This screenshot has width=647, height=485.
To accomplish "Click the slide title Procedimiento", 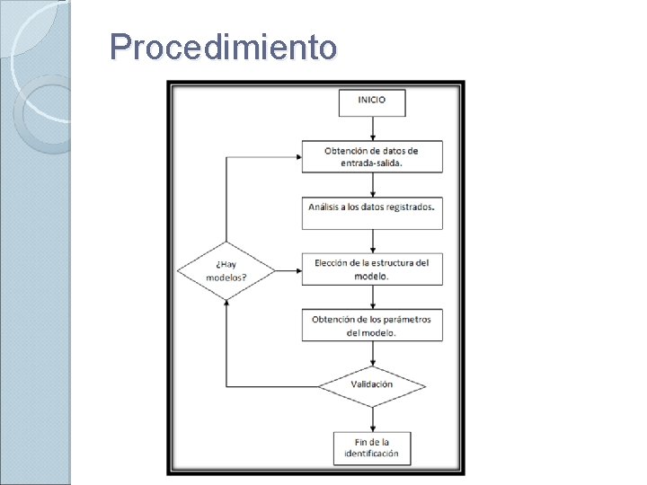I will coord(223,47).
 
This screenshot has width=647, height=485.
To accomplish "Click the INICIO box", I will coord(372,101).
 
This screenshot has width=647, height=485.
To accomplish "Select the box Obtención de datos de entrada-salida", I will coord(372,156).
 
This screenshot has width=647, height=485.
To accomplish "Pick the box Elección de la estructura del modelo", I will coord(372,269).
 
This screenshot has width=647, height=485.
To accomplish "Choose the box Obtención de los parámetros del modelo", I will coord(372,324).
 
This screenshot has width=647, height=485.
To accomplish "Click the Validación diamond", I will coord(372,384).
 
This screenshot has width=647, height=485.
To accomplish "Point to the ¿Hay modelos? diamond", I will coord(226,269).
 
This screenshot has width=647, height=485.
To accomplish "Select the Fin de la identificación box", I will coord(372,447).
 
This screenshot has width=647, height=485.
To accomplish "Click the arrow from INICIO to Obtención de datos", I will coord(372,128).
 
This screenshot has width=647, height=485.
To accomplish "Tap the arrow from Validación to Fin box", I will coord(372,419).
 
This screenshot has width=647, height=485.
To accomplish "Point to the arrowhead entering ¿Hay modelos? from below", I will coord(226,304).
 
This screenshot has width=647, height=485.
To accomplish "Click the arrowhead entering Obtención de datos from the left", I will coord(296,156).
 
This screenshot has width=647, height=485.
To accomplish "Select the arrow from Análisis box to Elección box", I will coord(372,241).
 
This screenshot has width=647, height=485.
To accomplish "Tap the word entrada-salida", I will coord(372,163).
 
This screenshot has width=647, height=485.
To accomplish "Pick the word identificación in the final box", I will coord(372,454).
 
